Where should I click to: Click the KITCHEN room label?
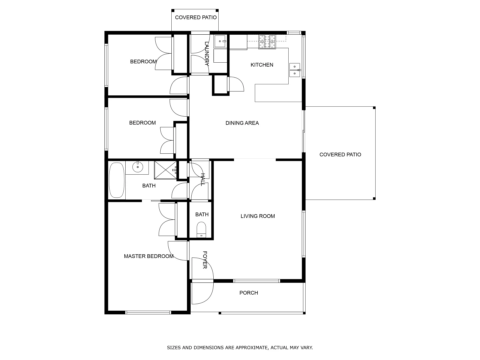click(262, 65)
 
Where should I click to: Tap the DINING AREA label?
click(242, 123)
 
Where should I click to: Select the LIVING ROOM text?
click(258, 216)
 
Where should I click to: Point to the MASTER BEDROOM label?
click(148, 256)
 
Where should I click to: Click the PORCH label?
click(249, 293)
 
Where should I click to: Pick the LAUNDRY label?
click(207, 54)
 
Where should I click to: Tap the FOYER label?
click(205, 260)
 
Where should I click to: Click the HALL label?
click(203, 179)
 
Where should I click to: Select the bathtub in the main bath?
click(117, 180)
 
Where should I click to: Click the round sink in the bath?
click(137, 167)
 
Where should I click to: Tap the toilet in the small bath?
click(201, 230)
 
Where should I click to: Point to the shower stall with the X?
click(165, 170)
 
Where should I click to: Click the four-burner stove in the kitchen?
click(267, 42)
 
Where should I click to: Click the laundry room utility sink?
click(220, 41)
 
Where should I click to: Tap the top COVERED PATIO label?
click(196, 17)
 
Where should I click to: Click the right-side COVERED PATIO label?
click(340, 155)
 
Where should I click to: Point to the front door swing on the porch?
click(202, 293)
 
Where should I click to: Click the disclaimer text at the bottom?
click(240, 348)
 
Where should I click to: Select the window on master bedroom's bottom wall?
click(148, 312)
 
